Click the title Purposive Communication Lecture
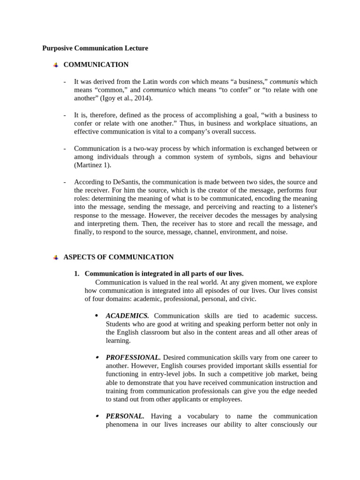[95, 48]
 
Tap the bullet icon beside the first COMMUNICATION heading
[56, 65]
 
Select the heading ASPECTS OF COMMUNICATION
[118, 257]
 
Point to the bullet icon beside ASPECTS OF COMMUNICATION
[56, 257]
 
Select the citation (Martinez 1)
[93, 165]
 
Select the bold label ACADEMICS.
[127, 316]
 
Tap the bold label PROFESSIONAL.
[133, 358]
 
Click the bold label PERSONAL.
[125, 416]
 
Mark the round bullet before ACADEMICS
[96, 316]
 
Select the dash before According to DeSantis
[65, 182]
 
